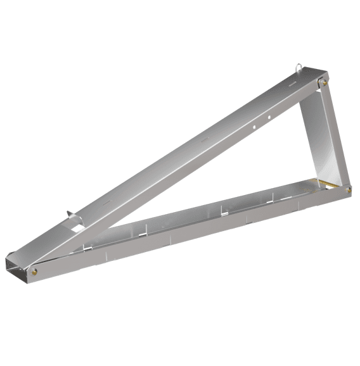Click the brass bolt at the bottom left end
pos(34,272)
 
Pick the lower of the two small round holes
pos(255,125)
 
